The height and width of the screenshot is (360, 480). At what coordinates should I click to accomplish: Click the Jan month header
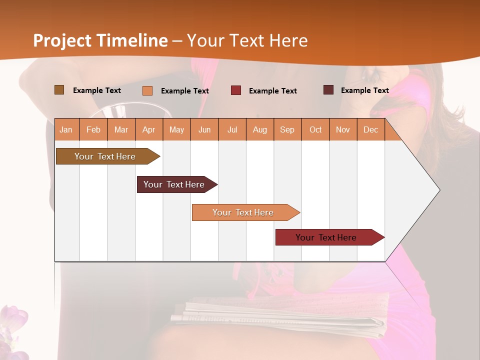click(x=66, y=130)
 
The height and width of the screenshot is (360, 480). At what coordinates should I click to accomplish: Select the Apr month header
click(x=149, y=130)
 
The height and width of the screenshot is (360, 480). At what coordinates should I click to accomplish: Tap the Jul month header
click(x=232, y=130)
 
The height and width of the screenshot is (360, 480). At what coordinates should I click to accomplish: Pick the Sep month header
click(x=287, y=130)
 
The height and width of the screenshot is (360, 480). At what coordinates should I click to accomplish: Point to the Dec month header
click(x=370, y=130)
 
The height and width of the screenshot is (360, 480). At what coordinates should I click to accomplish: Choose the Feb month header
click(x=93, y=130)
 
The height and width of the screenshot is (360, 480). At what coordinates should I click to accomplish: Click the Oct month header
click(x=315, y=130)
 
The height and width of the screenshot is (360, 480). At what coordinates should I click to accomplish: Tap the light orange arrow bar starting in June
click(x=243, y=212)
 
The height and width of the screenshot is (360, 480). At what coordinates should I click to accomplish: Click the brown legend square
click(x=59, y=90)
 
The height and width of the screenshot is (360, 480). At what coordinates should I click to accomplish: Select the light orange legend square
click(x=147, y=90)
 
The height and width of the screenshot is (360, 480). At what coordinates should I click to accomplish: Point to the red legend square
click(x=236, y=90)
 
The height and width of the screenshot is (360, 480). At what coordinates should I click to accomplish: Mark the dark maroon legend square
click(x=328, y=90)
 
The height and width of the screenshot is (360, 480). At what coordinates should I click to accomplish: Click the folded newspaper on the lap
click(x=280, y=315)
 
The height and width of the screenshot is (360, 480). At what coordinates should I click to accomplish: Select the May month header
click(x=176, y=130)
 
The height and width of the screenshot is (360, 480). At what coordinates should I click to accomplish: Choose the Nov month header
click(x=343, y=130)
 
